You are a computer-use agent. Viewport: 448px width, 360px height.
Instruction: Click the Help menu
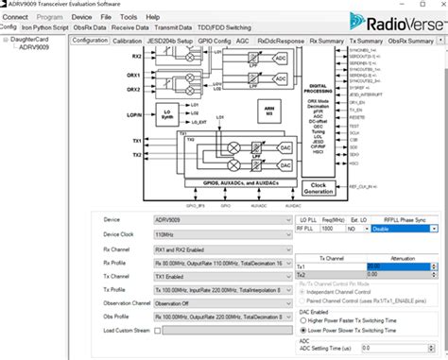click(152, 17)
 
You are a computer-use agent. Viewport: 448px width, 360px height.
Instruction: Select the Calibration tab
click(128, 42)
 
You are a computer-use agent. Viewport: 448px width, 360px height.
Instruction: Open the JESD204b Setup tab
click(170, 42)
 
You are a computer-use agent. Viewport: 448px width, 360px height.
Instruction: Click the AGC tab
click(242, 42)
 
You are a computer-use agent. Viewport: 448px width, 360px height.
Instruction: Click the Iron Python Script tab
click(44, 28)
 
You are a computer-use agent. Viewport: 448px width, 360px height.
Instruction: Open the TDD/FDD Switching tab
click(226, 28)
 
